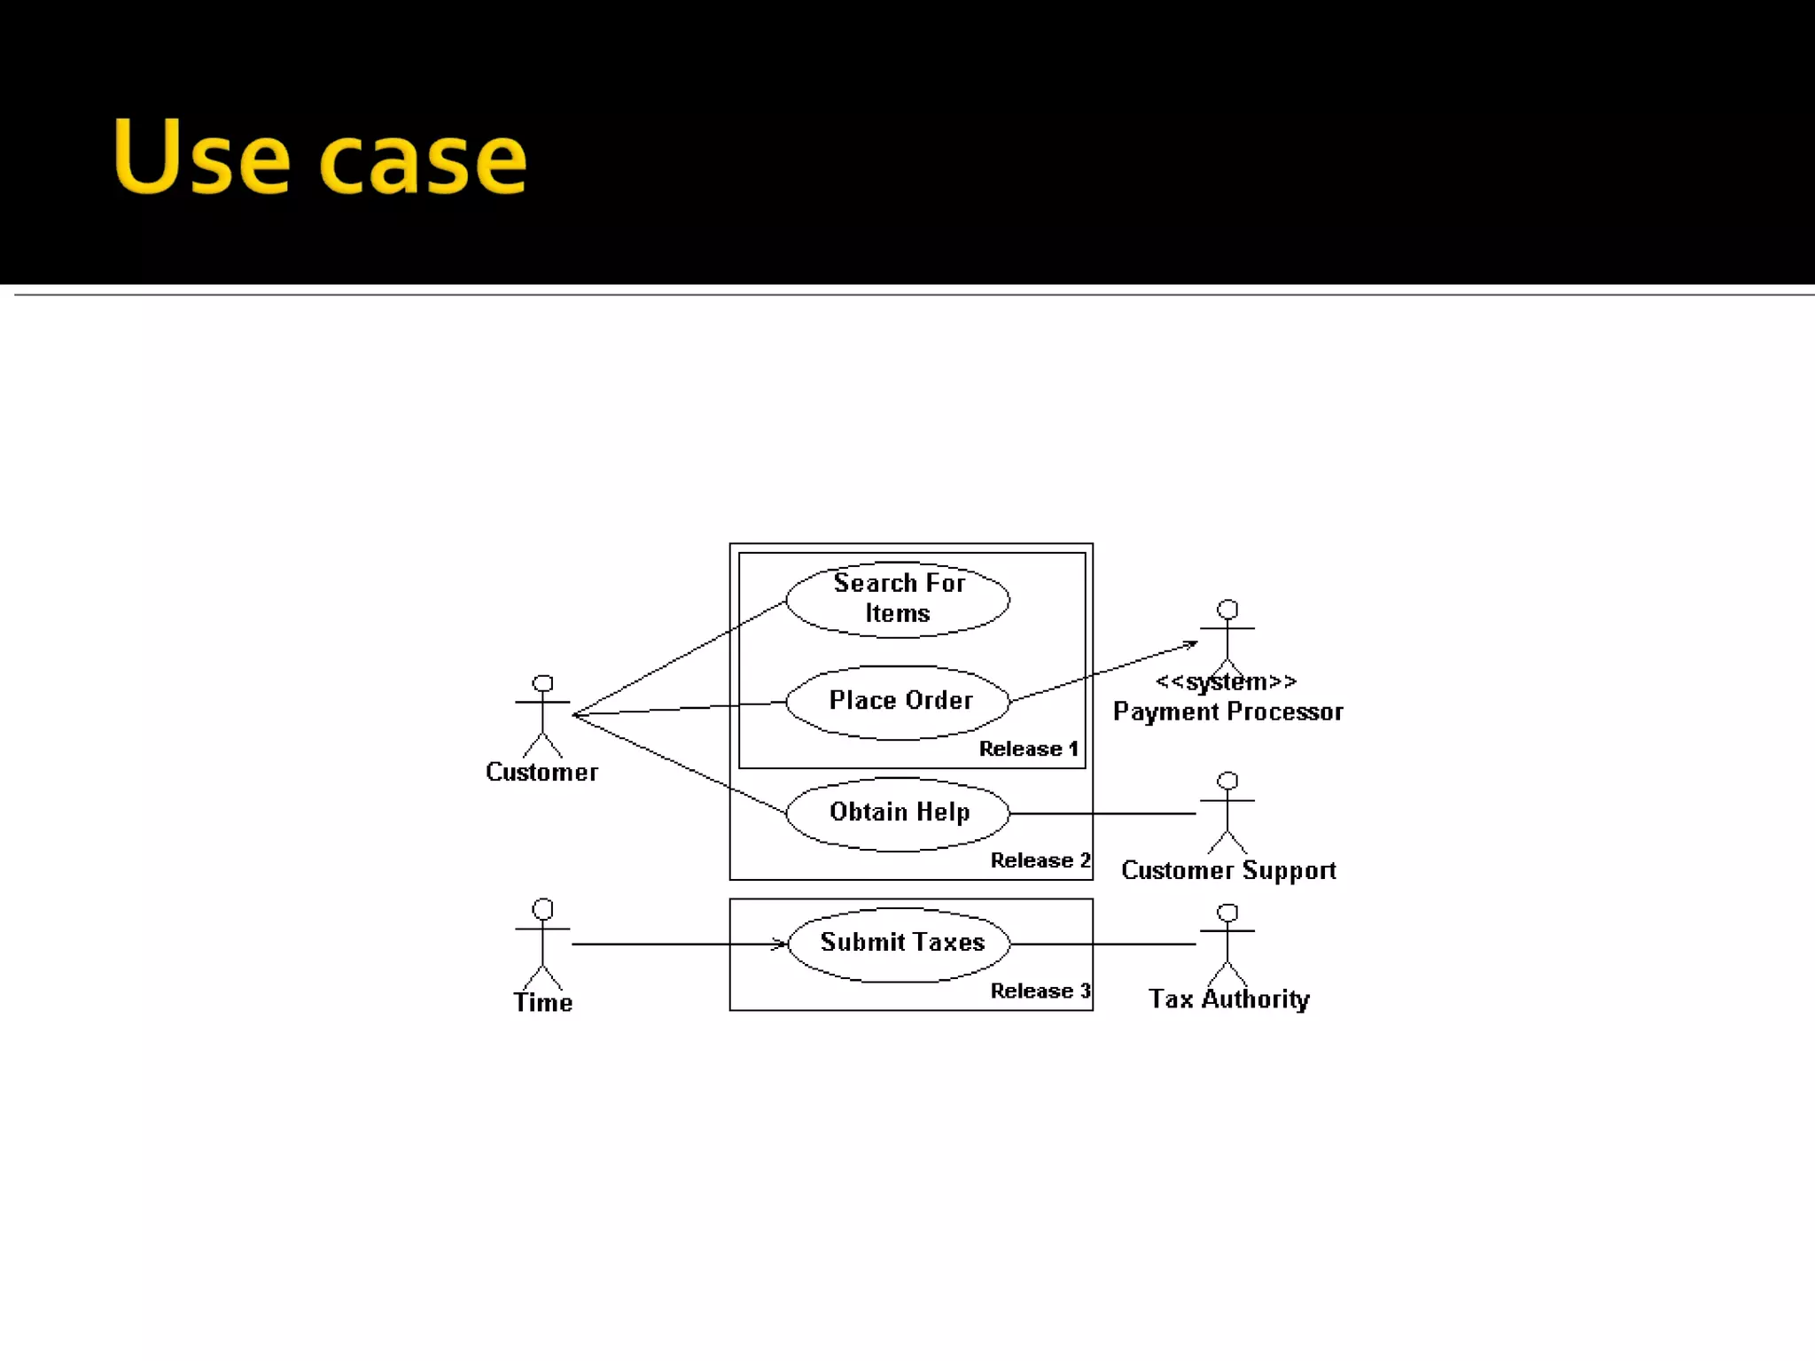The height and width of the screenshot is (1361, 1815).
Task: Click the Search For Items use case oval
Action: tap(897, 599)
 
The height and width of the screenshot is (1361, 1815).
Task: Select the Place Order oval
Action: tap(897, 702)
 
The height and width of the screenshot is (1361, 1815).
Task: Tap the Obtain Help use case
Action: tap(897, 813)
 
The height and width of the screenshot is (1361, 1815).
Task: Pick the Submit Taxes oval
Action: tap(899, 944)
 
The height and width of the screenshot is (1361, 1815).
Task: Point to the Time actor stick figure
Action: tap(542, 943)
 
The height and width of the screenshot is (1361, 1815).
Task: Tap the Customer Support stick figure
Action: tap(1227, 812)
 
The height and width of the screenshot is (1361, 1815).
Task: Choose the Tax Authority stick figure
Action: tap(1227, 943)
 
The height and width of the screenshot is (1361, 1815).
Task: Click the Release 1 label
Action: tap(1028, 750)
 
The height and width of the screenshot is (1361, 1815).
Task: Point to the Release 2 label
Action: tap(1040, 860)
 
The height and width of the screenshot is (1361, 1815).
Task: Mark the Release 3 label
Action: tap(1040, 991)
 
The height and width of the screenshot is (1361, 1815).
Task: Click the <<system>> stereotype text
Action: tap(1227, 682)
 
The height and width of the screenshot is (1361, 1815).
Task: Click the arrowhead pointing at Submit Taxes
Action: tap(780, 945)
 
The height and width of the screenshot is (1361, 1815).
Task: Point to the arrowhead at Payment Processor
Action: tap(1190, 645)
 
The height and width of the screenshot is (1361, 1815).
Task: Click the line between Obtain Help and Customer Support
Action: tap(1102, 813)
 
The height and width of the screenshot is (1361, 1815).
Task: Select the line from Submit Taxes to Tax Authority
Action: tap(1102, 945)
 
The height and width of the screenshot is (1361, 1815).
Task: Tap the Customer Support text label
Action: tap(1228, 871)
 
